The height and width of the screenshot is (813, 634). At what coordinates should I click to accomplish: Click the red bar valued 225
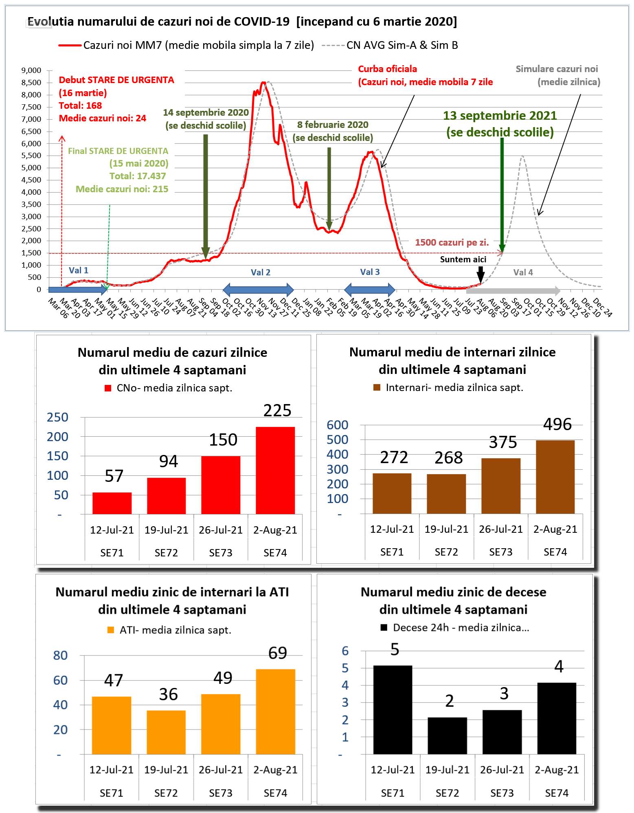(x=275, y=470)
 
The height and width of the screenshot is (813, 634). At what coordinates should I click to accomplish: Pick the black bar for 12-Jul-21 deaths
(x=393, y=709)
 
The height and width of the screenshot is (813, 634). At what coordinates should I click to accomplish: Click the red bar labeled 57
(x=112, y=503)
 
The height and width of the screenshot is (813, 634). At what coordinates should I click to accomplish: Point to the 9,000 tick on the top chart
(x=31, y=70)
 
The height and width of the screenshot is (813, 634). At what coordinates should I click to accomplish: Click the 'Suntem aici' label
(x=463, y=259)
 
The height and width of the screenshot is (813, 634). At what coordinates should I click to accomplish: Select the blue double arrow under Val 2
(x=258, y=290)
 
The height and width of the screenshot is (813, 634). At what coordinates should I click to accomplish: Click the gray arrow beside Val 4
(x=513, y=290)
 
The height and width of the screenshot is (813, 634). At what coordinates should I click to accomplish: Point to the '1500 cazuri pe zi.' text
(x=452, y=242)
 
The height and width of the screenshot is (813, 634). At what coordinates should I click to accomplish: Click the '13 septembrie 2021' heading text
(x=500, y=116)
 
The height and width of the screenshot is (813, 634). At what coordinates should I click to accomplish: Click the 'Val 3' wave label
(x=370, y=272)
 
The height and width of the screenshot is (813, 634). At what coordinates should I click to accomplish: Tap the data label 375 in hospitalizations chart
(x=503, y=442)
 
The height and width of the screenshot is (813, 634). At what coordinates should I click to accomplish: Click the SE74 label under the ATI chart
(x=275, y=793)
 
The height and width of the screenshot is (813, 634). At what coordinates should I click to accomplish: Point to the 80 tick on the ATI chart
(x=60, y=655)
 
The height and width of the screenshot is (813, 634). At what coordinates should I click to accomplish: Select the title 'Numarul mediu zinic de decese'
(x=453, y=592)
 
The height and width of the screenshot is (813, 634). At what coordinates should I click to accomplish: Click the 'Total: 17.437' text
(x=138, y=176)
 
